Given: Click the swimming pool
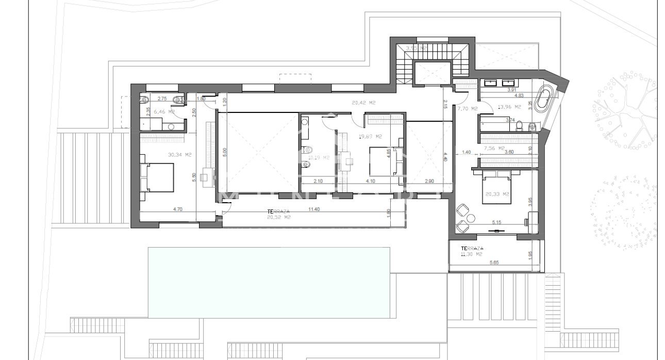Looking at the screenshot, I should click(269, 282).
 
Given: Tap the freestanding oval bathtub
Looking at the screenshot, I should click(543, 101).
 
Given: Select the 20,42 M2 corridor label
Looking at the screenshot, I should click(363, 103).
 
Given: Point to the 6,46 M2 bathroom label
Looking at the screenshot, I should click(165, 111).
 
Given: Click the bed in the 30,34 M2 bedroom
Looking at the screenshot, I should click(159, 177).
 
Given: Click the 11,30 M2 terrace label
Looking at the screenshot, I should click(472, 251).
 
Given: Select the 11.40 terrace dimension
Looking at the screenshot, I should click(313, 210).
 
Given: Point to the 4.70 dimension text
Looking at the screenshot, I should click(177, 210).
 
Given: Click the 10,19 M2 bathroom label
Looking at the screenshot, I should click(318, 158).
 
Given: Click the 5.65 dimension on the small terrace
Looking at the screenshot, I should click(493, 263).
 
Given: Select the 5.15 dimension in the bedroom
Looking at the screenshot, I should click(497, 222).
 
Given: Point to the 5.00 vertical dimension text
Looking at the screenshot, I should click(224, 153).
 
